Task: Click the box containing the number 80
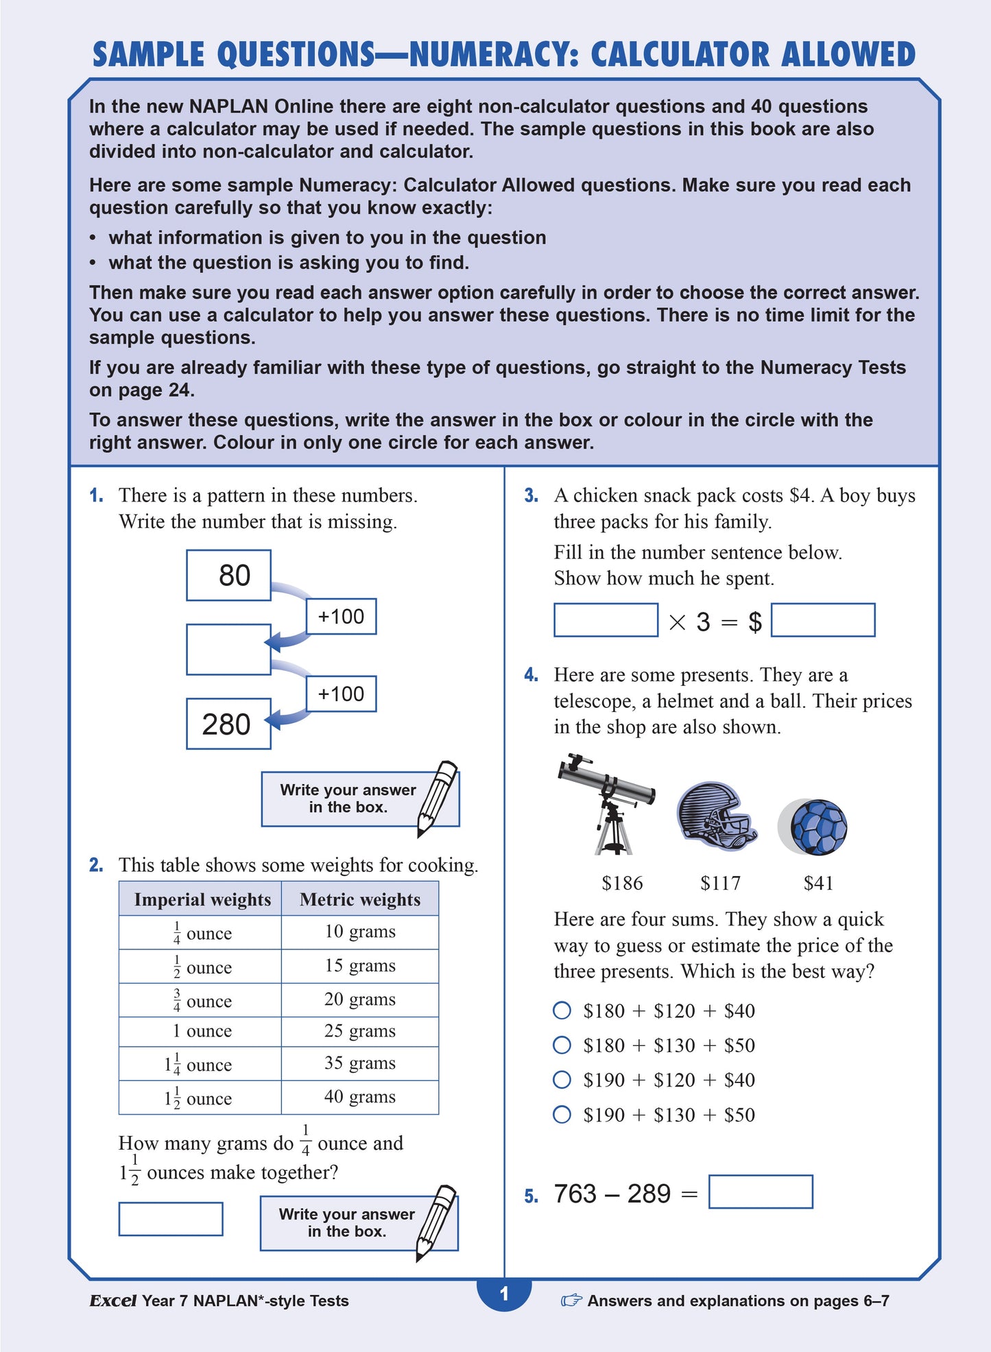(x=228, y=576)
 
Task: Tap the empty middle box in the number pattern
(x=228, y=649)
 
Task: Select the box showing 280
(x=228, y=724)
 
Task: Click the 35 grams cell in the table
(x=360, y=1063)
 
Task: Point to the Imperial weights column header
(x=202, y=899)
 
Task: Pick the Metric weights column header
(x=360, y=899)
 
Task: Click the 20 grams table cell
(x=360, y=999)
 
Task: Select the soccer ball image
(x=816, y=827)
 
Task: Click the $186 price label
(x=622, y=883)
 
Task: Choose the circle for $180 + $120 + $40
(x=562, y=1010)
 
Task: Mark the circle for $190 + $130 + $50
(x=562, y=1115)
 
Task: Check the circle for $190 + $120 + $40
(x=562, y=1080)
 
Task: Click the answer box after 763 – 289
(x=760, y=1192)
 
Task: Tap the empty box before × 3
(x=606, y=620)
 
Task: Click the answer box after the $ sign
(x=822, y=620)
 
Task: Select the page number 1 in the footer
(x=504, y=1294)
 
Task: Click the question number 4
(x=531, y=675)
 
